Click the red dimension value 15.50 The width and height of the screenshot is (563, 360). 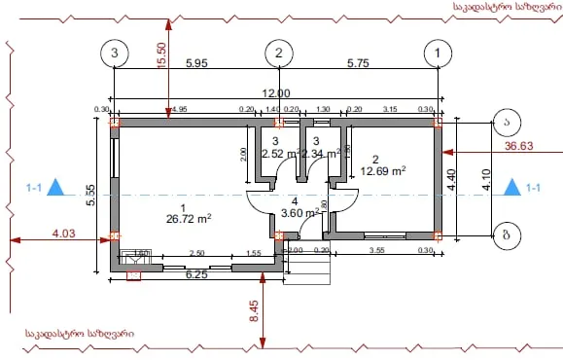pos(162,55)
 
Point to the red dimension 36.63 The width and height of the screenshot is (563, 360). pos(521,146)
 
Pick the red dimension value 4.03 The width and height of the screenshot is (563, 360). pos(63,233)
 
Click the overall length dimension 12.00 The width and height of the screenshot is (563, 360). pos(276,92)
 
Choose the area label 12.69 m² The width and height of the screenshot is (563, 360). pos(383,170)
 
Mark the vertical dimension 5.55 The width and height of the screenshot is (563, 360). pos(89,196)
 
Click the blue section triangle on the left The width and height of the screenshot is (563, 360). pos(57,187)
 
